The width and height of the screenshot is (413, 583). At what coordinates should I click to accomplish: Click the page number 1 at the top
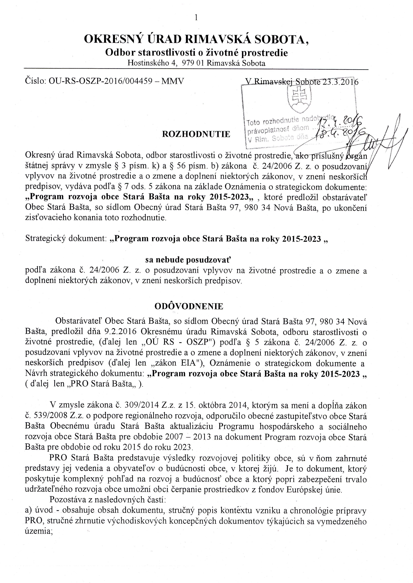click(196, 17)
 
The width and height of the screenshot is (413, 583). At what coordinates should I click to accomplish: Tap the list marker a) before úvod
click(28, 510)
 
